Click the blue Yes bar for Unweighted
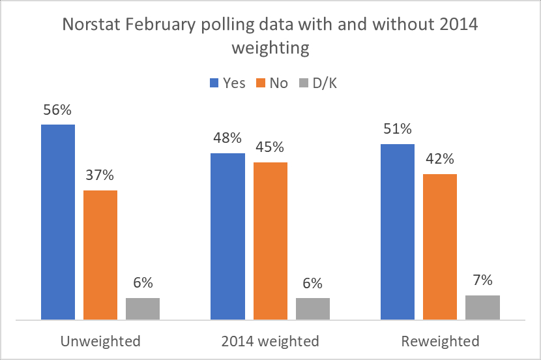(x=58, y=222)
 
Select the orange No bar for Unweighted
(x=100, y=255)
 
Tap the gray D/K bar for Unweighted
(x=143, y=308)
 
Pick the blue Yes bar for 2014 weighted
(x=228, y=237)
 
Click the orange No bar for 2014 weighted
(x=270, y=241)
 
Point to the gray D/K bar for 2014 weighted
(x=313, y=308)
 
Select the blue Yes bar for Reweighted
(x=398, y=232)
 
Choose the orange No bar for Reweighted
(x=440, y=247)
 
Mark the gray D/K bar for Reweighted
(x=482, y=307)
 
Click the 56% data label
(x=57, y=110)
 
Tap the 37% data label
(x=100, y=175)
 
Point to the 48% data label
(x=227, y=138)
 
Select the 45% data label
(x=270, y=148)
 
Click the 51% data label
(x=398, y=129)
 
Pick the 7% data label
(x=482, y=280)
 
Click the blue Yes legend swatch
(x=214, y=83)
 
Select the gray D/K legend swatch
(x=302, y=83)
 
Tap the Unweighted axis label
(x=100, y=341)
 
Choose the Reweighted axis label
(x=440, y=341)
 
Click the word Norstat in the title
(x=91, y=25)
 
